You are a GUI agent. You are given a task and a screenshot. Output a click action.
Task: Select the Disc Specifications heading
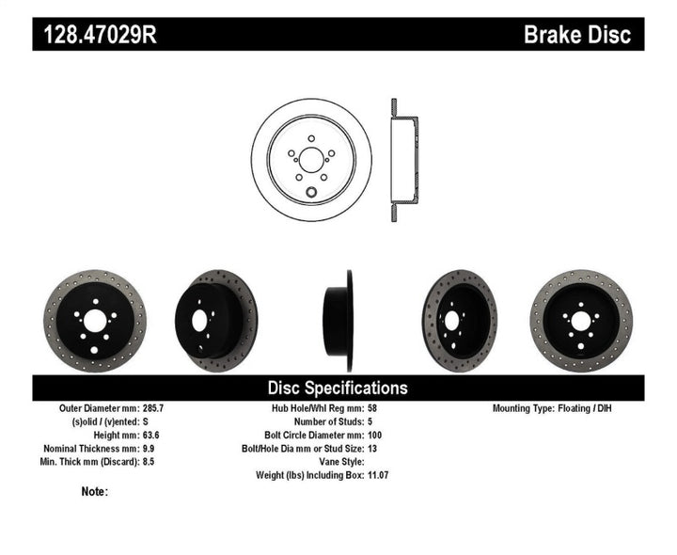pyautogui.click(x=338, y=388)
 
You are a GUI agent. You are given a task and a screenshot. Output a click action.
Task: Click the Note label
pyautogui.click(x=94, y=491)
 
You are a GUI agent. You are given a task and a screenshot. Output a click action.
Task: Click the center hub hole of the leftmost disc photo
pyautogui.click(x=96, y=321)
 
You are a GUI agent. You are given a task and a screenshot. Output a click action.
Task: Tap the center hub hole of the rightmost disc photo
pyautogui.click(x=580, y=321)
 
